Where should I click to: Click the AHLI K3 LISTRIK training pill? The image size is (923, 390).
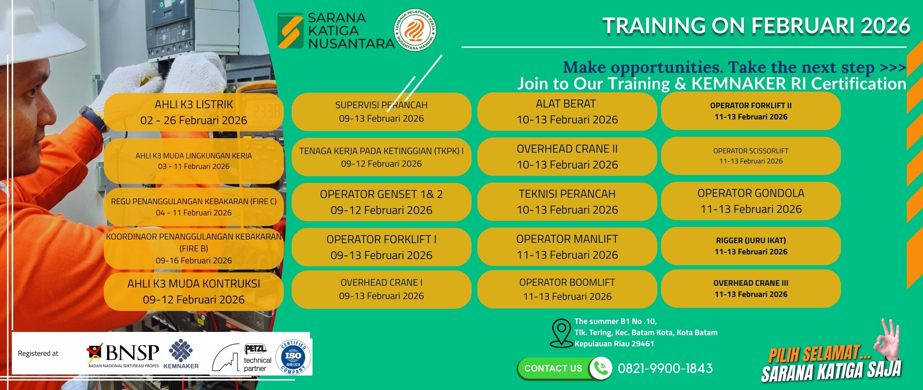point(194,112)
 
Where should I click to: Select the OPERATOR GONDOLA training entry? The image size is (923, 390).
point(751,201)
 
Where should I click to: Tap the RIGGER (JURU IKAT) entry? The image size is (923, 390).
point(751,246)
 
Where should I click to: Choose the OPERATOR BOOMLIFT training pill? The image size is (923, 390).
point(567,289)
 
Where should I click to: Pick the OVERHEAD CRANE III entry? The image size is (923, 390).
point(751,288)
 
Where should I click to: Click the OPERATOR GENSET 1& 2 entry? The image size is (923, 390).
point(381,202)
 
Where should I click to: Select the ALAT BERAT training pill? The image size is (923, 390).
point(567,111)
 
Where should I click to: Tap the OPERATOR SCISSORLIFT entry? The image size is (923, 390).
point(751,156)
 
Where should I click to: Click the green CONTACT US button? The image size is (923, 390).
point(553,368)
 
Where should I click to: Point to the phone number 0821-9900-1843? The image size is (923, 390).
point(665,368)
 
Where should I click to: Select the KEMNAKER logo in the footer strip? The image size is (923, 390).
point(181,354)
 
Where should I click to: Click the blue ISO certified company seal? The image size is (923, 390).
point(293,357)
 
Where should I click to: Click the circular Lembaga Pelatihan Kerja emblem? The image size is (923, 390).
point(415,30)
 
